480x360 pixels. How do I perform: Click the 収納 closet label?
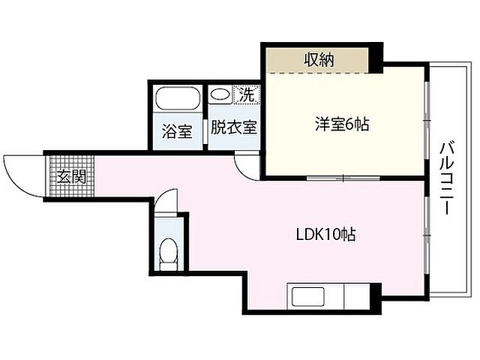click(x=319, y=58)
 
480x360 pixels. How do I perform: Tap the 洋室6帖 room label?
click(x=340, y=124)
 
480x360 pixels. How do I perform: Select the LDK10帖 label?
click(x=324, y=234)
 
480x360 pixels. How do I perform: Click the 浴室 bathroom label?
click(x=177, y=130)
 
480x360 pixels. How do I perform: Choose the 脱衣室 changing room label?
click(x=233, y=127)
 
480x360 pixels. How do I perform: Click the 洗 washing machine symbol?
click(x=247, y=94)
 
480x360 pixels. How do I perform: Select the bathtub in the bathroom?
click(x=177, y=99)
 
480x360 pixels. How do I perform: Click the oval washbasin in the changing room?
click(x=220, y=94)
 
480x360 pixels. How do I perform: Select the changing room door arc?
click(x=245, y=163)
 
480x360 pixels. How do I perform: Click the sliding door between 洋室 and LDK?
click(x=343, y=178)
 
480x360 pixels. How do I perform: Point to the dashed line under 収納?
click(x=319, y=73)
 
